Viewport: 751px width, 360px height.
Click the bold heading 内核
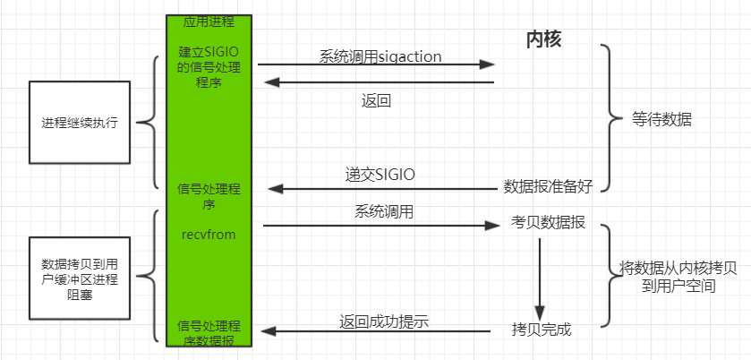tap(543, 39)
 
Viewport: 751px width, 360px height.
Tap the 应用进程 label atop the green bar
tap(209, 22)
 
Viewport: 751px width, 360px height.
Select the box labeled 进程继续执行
tap(80, 122)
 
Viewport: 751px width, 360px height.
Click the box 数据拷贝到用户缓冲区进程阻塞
tap(80, 278)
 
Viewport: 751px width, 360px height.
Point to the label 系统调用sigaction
tap(380, 56)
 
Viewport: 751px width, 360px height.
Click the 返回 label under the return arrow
tap(376, 100)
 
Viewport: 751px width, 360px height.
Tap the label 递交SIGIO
tap(380, 175)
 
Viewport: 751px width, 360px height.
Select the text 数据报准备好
tap(548, 186)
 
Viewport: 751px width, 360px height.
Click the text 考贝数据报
tap(548, 223)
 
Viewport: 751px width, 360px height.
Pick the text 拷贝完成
tap(542, 330)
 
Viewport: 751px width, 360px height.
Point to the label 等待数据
tap(661, 119)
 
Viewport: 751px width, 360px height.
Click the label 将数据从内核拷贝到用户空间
tap(678, 277)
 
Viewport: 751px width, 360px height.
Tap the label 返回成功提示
tap(384, 321)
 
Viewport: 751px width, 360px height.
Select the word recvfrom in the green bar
tap(209, 235)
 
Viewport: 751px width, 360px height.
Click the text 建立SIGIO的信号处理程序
tap(209, 67)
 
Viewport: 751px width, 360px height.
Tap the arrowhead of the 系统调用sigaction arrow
tap(487, 64)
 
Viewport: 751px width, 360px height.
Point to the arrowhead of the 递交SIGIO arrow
tap(276, 189)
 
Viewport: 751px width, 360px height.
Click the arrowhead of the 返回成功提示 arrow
tap(269, 330)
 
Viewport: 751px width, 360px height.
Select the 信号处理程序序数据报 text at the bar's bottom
tap(209, 334)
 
